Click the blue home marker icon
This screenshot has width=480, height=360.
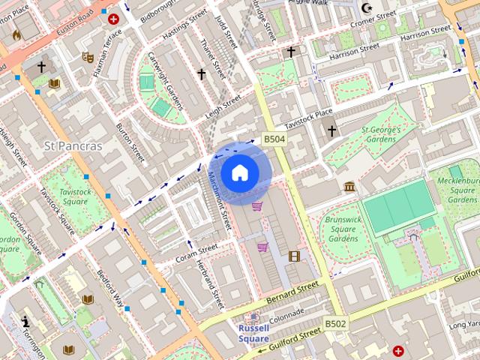239,173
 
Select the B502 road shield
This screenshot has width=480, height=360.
335,323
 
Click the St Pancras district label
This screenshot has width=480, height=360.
73,145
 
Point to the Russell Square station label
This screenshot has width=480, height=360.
254,333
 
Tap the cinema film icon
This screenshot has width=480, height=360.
294,256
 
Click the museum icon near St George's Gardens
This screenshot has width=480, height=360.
349,186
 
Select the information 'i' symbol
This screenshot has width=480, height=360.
25,322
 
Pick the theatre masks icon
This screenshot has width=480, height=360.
88,56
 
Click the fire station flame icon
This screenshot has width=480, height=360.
16,34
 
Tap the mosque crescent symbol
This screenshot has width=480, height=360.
367,8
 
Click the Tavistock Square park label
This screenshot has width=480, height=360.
75,196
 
